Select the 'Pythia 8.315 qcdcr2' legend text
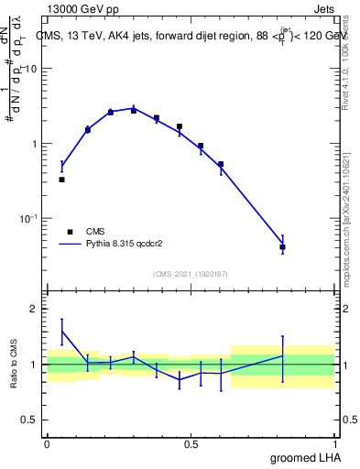coord(122,245)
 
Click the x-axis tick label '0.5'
coord(191,444)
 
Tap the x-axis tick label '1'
coord(336,444)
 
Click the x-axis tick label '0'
coord(47,444)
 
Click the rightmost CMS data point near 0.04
coord(282,247)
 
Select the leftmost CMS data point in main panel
coord(61,180)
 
